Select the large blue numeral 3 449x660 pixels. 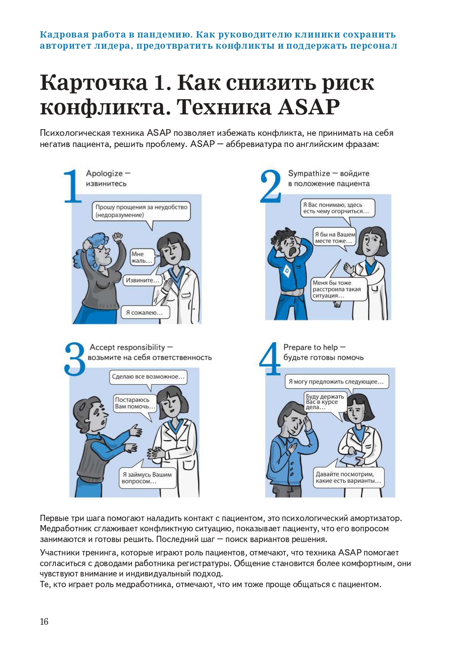click(x=75, y=359)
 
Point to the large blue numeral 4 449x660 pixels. click(x=270, y=358)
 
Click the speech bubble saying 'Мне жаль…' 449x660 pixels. click(x=142, y=257)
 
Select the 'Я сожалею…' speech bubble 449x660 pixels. click(x=145, y=313)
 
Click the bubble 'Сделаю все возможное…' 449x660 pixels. click(x=148, y=377)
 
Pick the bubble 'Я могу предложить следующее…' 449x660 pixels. click(x=336, y=382)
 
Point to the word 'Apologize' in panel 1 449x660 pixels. click(x=104, y=173)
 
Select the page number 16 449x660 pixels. click(x=44, y=622)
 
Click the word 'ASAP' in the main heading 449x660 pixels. click(x=309, y=107)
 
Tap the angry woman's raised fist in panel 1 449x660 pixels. click(x=118, y=236)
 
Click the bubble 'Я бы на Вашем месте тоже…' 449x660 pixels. click(x=335, y=237)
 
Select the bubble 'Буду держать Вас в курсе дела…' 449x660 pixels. click(x=325, y=402)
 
